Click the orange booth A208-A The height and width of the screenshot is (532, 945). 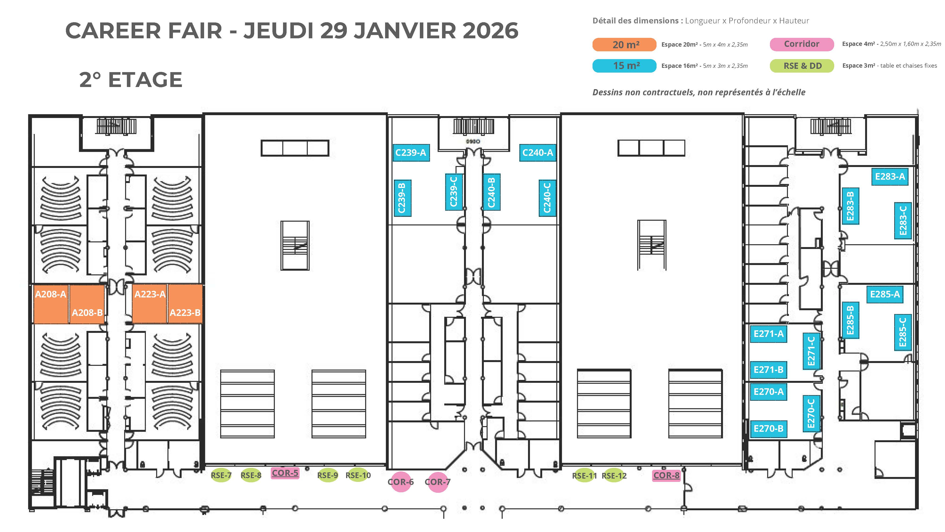51,304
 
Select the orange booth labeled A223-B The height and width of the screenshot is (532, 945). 185,304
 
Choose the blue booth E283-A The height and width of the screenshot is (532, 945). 890,177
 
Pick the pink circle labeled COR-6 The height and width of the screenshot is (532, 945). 401,482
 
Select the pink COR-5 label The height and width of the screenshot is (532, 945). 285,473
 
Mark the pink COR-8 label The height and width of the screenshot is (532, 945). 666,475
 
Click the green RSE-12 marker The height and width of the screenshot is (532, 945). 614,475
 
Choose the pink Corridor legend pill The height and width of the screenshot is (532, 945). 802,44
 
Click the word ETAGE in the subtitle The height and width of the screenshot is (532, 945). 145,80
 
